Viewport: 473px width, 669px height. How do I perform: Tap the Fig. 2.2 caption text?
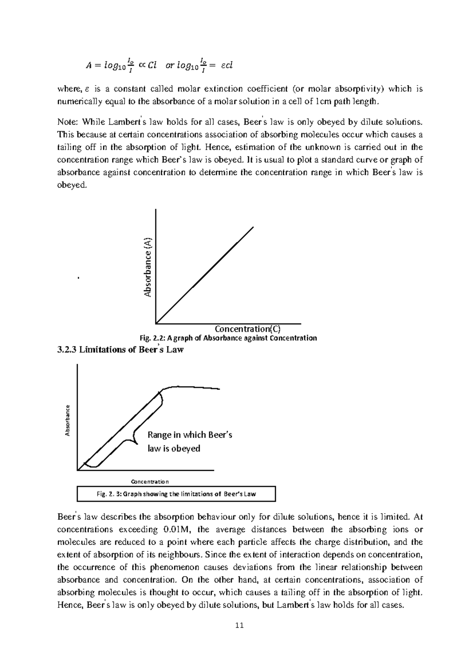pos(228,338)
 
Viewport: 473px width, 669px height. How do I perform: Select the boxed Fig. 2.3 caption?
pos(176,494)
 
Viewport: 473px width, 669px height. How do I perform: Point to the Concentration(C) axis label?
pos(248,329)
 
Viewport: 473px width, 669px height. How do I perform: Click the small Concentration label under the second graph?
pos(150,481)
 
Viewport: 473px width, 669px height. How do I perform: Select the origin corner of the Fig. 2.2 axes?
pos(156,323)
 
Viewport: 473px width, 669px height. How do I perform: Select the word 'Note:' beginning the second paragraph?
pos(68,122)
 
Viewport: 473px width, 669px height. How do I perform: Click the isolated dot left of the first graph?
pos(79,278)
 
